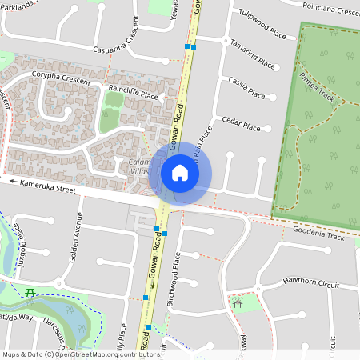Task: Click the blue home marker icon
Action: click(x=180, y=173)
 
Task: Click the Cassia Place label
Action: click(x=246, y=89)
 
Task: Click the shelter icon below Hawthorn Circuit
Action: click(x=238, y=303)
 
